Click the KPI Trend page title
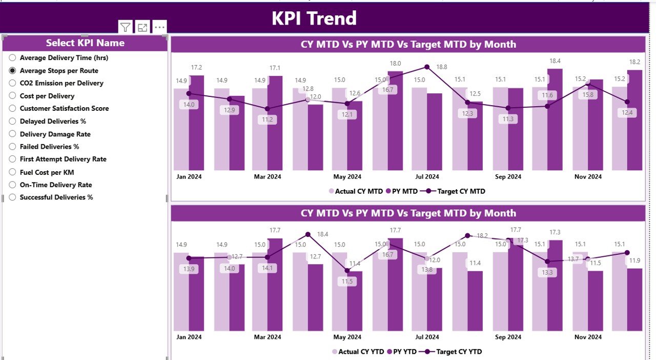[x=314, y=18]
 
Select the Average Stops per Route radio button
[x=13, y=71]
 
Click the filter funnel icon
[x=125, y=27]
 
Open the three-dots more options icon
[x=159, y=27]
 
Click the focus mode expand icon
[x=142, y=27]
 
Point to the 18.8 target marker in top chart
[x=427, y=67]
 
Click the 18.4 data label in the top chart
[x=555, y=61]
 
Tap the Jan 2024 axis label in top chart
[x=189, y=177]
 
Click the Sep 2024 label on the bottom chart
[x=508, y=337]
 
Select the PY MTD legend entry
[x=402, y=191]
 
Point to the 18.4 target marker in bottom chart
[x=308, y=234]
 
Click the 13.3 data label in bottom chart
[x=548, y=272]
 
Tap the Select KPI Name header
[x=85, y=43]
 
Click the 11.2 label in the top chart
[x=268, y=119]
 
